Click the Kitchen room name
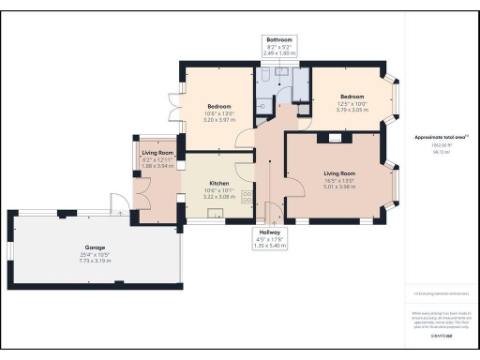(x=219, y=183)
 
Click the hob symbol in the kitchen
(x=246, y=197)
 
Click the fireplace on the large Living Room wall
(x=332, y=138)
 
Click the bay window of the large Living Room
(x=395, y=183)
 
